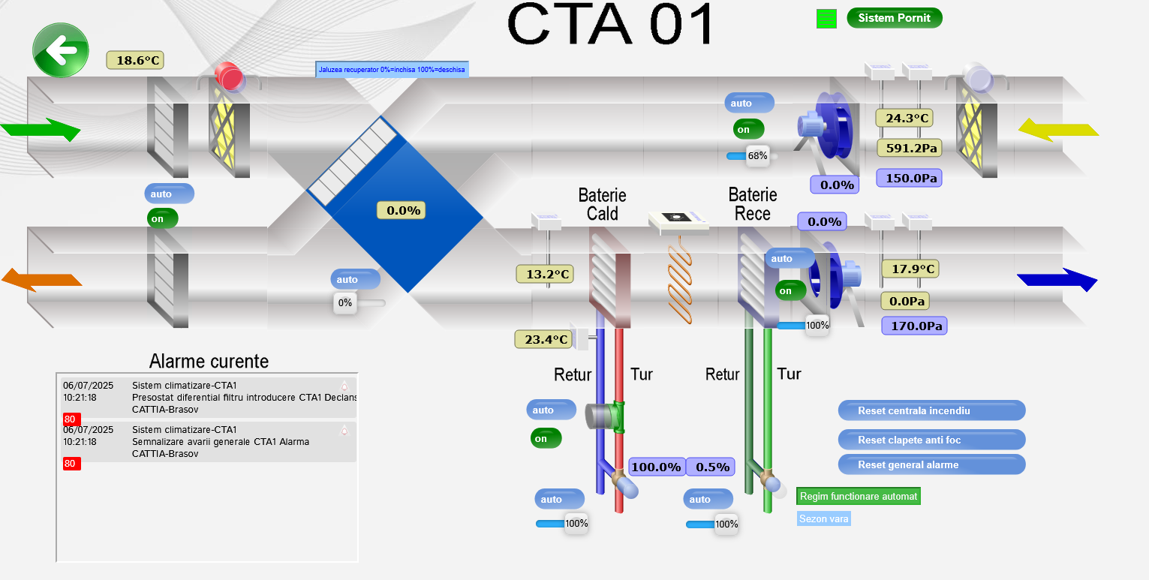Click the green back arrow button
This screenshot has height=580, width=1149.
point(61,50)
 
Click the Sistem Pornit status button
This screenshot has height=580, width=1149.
point(894,18)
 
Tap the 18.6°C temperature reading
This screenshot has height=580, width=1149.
point(135,60)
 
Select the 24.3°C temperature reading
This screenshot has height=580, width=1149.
point(903,118)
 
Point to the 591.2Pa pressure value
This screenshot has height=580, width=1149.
point(909,148)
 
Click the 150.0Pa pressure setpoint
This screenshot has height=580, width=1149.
point(908,178)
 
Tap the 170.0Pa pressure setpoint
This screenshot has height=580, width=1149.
point(913,326)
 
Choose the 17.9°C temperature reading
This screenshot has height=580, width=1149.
point(910,269)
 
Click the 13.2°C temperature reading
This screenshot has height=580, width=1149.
point(545,274)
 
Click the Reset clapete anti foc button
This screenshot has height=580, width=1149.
point(931,440)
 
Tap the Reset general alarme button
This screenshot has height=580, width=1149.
point(931,464)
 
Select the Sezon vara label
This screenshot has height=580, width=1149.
point(823,518)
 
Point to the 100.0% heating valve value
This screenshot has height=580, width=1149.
point(656,467)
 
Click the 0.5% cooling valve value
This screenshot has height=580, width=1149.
point(710,467)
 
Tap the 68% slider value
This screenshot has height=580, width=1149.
point(757,156)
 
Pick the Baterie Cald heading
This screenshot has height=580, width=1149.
point(602,204)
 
